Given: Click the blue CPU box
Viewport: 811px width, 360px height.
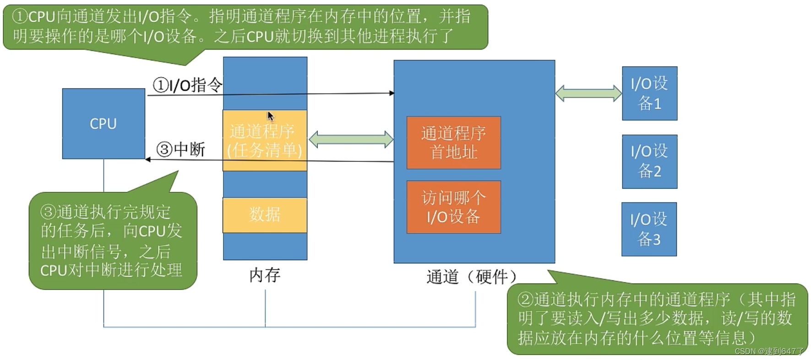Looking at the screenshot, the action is click(x=103, y=124).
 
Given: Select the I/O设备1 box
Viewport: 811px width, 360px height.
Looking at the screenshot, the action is click(x=649, y=93).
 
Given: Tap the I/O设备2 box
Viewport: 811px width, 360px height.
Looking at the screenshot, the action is click(x=649, y=161).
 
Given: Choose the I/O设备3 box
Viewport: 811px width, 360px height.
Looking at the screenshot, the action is click(x=649, y=229).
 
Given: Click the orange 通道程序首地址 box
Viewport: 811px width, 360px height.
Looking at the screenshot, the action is click(x=453, y=142).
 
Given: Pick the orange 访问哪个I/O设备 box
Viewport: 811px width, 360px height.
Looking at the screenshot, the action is click(x=453, y=207).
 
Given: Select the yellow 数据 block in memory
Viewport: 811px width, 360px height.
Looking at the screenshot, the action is click(x=265, y=215).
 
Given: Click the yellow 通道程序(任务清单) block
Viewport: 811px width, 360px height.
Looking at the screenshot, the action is click(x=265, y=140).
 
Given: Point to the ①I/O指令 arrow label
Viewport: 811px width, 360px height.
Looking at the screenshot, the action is click(x=187, y=85).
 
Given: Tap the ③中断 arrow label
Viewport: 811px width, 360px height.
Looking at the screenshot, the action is click(x=181, y=149).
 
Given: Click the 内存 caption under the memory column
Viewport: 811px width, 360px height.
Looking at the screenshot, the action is click(x=265, y=275).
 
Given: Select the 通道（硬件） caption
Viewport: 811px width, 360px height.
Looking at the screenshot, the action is click(x=472, y=277).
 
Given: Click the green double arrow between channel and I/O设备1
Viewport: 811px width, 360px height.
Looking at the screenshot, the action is click(x=588, y=93).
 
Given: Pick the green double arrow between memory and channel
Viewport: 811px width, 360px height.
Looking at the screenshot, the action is click(x=351, y=139).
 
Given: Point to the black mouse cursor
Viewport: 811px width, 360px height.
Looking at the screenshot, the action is click(x=270, y=116).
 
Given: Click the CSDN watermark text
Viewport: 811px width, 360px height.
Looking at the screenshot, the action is click(x=769, y=351).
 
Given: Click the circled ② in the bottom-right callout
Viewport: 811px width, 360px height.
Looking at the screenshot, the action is click(x=526, y=300).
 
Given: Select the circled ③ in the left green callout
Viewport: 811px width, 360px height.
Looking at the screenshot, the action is click(x=49, y=212).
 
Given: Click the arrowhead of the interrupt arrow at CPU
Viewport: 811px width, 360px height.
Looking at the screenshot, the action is click(x=147, y=159).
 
